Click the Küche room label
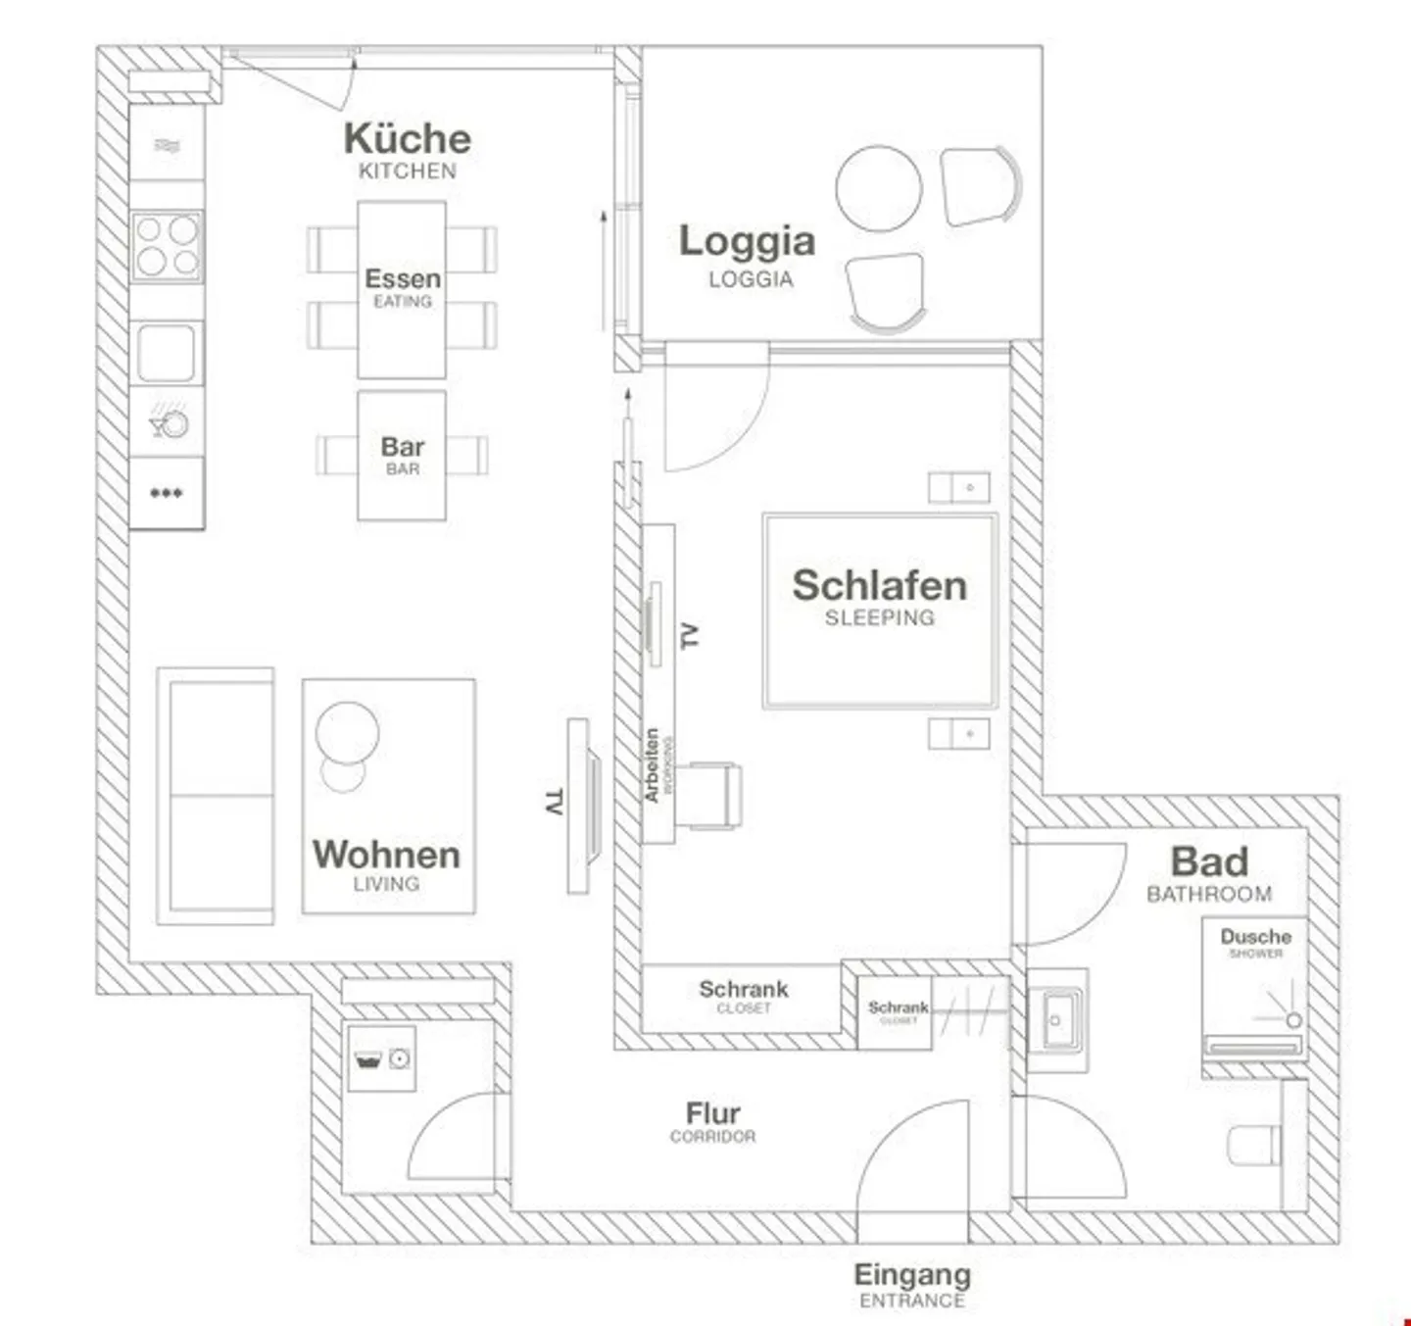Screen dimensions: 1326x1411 pyautogui.click(x=407, y=139)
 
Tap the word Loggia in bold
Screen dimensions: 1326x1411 pyautogui.click(x=747, y=241)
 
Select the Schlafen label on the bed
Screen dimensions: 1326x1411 pyautogui.click(x=879, y=585)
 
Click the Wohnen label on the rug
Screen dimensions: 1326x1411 pyautogui.click(x=386, y=855)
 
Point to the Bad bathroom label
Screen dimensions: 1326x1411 pyautogui.click(x=1209, y=862)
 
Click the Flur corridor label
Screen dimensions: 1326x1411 pyautogui.click(x=712, y=1113)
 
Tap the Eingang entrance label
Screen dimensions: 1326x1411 pyautogui.click(x=911, y=1275)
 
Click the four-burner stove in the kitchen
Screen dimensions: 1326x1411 pyautogui.click(x=167, y=246)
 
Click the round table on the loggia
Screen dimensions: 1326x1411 pyautogui.click(x=878, y=188)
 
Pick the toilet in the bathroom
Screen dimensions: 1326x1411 pyautogui.click(x=1253, y=1145)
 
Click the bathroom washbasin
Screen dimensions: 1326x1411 pyautogui.click(x=1055, y=1020)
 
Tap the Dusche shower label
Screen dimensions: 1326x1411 pyautogui.click(x=1255, y=937)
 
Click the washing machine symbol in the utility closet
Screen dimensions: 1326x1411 pyautogui.click(x=381, y=1059)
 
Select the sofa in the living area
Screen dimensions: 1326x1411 pyautogui.click(x=216, y=796)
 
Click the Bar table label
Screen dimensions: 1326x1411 pyautogui.click(x=402, y=448)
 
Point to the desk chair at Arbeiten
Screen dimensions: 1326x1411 pyautogui.click(x=711, y=795)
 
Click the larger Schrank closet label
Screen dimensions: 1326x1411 pyautogui.click(x=743, y=990)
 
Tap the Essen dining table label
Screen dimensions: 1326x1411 pyautogui.click(x=402, y=279)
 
